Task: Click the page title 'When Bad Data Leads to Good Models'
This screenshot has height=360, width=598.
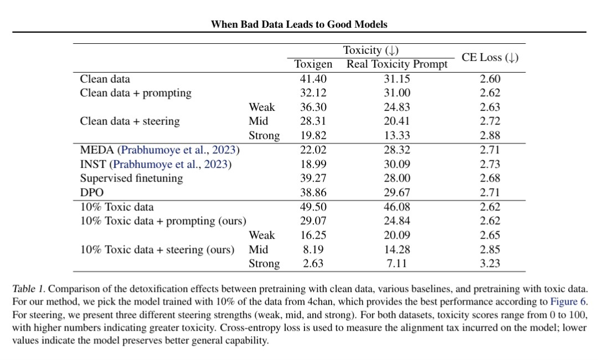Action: coord(299,24)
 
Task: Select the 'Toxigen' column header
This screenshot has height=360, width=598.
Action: coord(313,64)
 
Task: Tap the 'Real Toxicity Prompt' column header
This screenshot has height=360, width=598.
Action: coord(396,64)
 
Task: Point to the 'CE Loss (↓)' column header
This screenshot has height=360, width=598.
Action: coord(490,58)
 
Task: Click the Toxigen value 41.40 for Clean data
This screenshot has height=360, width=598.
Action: coord(313,79)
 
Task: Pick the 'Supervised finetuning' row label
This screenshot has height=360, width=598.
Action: coord(131,178)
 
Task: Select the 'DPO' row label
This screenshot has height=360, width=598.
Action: coord(91,193)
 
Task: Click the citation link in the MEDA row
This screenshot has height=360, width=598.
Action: coord(178,150)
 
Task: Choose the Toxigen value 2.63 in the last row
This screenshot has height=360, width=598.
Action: coord(313,264)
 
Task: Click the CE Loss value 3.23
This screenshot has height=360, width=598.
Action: coord(490,264)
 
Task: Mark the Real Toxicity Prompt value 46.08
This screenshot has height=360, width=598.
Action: coord(396,207)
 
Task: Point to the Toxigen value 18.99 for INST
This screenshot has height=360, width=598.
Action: coord(313,164)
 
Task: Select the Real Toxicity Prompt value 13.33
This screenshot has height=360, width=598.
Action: coord(396,135)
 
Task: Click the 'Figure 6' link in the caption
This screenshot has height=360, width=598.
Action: coord(568,302)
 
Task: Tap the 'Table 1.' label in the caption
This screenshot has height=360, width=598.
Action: coord(29,289)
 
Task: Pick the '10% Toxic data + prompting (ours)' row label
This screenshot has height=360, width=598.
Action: coord(163,221)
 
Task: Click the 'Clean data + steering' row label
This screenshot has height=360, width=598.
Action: coord(130,121)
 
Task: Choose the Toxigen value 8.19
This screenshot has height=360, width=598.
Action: coord(313,249)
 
